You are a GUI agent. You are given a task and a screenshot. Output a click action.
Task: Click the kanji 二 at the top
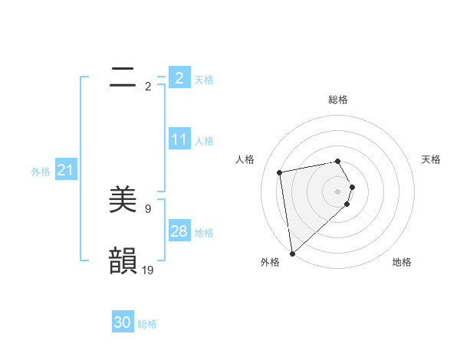coord(123,76)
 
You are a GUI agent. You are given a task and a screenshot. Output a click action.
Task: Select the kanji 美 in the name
coord(123,200)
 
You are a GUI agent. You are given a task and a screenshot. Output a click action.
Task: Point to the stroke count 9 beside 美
coord(148,208)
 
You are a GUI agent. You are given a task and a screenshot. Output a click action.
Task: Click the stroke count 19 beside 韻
coord(148,270)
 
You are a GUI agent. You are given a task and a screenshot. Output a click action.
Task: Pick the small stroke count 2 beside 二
coord(148,86)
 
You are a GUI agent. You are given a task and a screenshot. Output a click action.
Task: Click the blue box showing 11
coord(179,139)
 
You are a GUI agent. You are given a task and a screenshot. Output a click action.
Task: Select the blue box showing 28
coord(179,231)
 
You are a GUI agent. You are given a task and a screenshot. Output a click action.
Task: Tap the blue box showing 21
coord(65,170)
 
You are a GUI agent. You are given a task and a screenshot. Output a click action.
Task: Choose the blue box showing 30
coord(123,322)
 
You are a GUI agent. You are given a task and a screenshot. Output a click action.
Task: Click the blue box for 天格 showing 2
coord(179,77)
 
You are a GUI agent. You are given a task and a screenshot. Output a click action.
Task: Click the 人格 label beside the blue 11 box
coord(204,141)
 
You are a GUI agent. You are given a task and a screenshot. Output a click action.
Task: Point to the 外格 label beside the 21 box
coord(41,172)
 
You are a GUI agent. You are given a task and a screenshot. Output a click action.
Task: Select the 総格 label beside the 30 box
coord(147,324)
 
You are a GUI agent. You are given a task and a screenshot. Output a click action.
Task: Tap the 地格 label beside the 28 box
coord(204,233)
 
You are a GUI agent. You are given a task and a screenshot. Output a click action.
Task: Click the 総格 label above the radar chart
coord(337,100)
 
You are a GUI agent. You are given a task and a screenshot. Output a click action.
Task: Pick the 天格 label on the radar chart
coord(431,159)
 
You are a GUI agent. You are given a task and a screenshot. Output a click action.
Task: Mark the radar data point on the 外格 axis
coord(292,253)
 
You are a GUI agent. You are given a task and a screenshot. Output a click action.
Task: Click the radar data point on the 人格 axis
coord(280,172)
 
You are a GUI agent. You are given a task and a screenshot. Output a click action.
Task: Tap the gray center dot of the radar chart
coord(337,191)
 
